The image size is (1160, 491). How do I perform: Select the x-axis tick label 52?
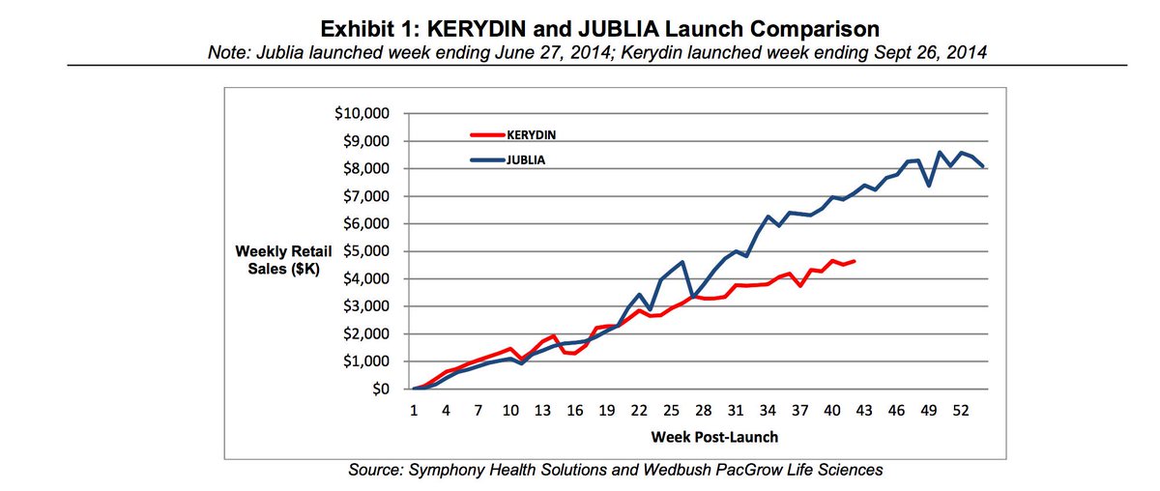960,410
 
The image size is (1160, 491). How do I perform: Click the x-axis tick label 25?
671,410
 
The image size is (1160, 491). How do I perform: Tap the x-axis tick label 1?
414,410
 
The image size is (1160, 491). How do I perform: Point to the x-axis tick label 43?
863,410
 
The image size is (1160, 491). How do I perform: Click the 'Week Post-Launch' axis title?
713,436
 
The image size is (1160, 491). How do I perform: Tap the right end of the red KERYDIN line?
854,261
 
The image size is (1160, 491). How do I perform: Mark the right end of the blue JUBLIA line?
982,166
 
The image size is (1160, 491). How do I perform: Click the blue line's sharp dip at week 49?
928,186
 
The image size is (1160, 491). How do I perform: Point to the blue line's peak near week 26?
682,262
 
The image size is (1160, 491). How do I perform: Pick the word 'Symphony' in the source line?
445,471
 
